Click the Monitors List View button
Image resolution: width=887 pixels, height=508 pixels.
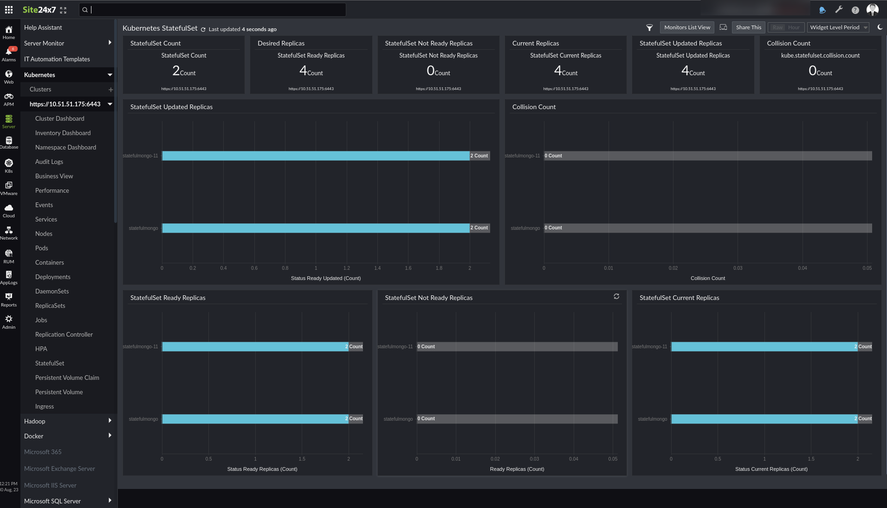[687, 27]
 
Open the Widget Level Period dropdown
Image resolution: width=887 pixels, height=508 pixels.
[838, 27]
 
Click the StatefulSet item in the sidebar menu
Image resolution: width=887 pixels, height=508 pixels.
[50, 363]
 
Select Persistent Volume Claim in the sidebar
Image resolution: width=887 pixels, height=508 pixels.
[67, 378]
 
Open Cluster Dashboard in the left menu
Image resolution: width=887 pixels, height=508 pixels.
[59, 118]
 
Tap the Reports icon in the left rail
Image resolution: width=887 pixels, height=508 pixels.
[9, 300]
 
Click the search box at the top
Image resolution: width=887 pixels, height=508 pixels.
[214, 10]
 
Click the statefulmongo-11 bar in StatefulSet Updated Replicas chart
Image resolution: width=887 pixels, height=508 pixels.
[316, 156]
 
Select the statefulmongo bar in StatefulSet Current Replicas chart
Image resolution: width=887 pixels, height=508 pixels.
[764, 419]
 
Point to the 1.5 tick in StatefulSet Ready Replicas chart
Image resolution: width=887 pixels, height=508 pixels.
[302, 459]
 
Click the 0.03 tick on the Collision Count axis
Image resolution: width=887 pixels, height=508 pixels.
[738, 268]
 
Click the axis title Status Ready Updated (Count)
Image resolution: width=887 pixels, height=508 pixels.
[325, 278]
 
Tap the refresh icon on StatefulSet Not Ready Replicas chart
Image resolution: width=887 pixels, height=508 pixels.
[616, 296]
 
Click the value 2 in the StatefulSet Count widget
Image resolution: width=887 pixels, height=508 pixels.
[176, 71]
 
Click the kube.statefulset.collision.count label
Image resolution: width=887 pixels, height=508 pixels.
[820, 55]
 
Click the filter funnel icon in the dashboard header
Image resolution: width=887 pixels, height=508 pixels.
[649, 28]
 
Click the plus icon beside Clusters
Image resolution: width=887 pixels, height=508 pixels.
[110, 90]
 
